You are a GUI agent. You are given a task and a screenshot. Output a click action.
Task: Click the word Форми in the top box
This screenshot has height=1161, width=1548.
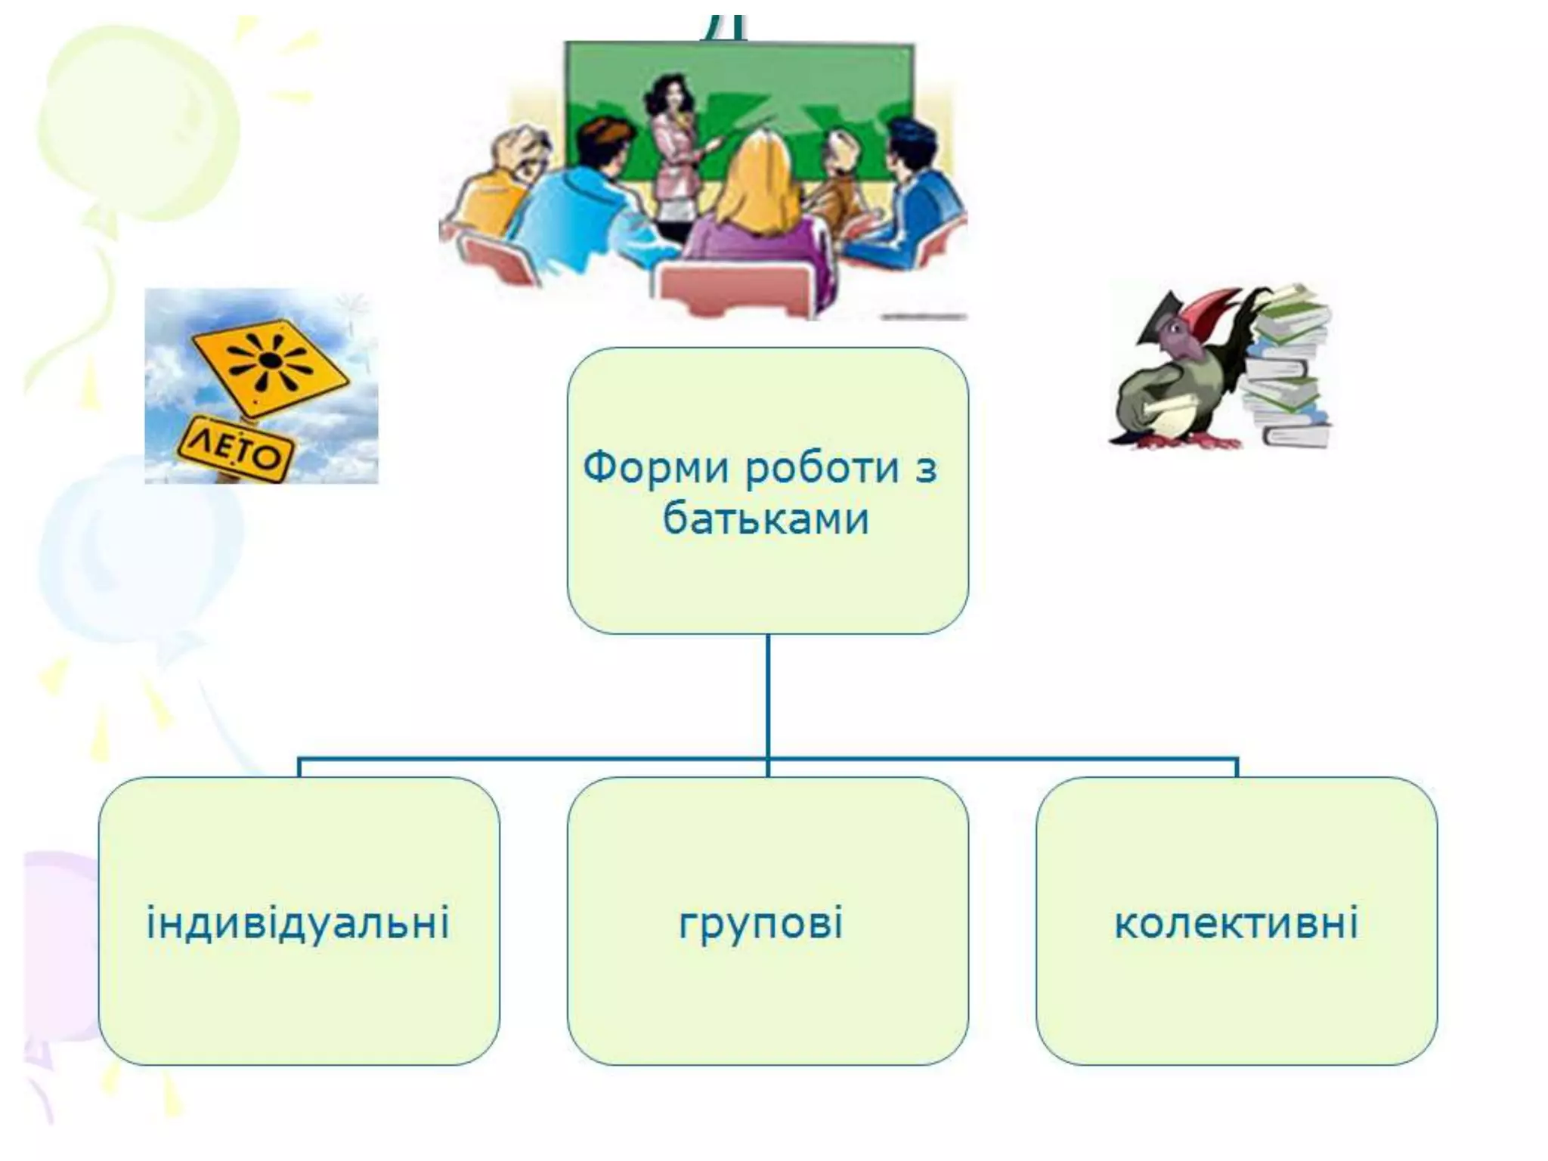[x=655, y=468]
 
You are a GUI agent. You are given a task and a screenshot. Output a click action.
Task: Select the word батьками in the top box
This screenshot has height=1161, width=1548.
[x=766, y=519]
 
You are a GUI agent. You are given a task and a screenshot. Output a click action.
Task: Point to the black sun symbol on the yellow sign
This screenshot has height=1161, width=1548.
[x=266, y=361]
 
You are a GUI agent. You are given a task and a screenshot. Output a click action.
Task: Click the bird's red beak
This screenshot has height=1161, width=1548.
[x=1202, y=306]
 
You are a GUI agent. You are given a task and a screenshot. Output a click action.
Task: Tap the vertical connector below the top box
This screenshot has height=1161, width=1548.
[x=768, y=695]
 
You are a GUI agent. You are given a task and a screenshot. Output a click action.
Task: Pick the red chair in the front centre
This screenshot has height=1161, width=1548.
[x=745, y=291]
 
